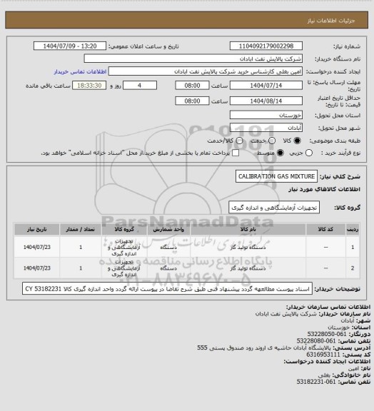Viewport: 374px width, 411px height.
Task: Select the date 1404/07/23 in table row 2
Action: tap(35, 269)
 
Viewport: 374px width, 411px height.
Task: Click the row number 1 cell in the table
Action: tap(354, 247)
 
